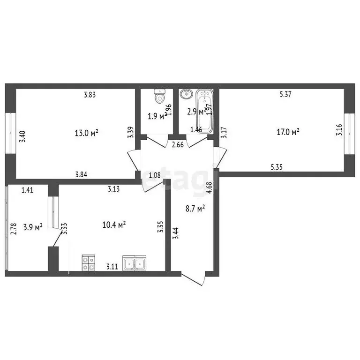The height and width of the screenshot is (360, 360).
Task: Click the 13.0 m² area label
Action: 87,133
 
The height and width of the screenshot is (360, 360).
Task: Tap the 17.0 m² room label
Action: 288,133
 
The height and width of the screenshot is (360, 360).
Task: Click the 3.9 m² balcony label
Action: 33,227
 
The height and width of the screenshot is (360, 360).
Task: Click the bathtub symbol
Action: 205,110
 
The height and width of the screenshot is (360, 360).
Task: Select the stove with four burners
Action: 89,262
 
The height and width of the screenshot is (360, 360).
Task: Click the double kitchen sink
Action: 135,263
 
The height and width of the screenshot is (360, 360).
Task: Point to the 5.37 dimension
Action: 285,95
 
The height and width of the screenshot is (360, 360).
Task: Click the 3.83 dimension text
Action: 90,95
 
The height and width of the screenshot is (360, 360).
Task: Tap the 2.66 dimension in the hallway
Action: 178,144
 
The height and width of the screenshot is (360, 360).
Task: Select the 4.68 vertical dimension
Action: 210,187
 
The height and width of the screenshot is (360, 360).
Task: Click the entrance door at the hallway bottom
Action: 194,279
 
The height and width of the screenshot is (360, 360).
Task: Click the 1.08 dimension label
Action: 154,175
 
